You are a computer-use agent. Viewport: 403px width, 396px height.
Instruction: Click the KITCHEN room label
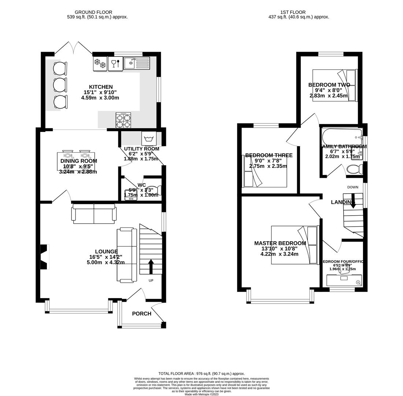(101, 87)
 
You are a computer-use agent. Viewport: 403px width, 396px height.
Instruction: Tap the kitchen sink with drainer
(137, 63)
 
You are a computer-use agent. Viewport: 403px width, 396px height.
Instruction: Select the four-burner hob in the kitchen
(123, 121)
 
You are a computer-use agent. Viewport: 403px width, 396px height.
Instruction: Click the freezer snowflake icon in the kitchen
(100, 63)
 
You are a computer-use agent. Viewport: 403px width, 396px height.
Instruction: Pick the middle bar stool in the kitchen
(60, 85)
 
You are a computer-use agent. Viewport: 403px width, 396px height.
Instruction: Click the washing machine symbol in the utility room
(149, 139)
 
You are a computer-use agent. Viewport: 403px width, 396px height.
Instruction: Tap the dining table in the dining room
(76, 161)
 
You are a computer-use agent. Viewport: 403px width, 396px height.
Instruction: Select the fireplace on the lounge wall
(44, 257)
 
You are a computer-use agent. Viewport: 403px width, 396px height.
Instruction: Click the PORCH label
(141, 313)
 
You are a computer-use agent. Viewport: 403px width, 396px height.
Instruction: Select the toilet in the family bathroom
(355, 169)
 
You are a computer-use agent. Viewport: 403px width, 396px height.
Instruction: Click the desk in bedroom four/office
(344, 280)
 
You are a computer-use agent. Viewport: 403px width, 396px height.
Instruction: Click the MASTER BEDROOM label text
(280, 243)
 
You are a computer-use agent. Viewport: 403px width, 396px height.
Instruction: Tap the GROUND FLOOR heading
(93, 12)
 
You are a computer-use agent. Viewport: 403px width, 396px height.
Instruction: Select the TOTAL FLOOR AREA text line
(202, 374)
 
